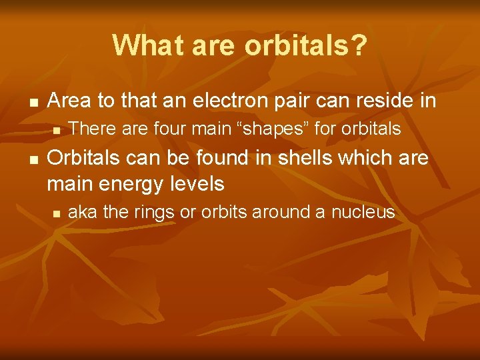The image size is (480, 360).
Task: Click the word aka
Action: (82, 213)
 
